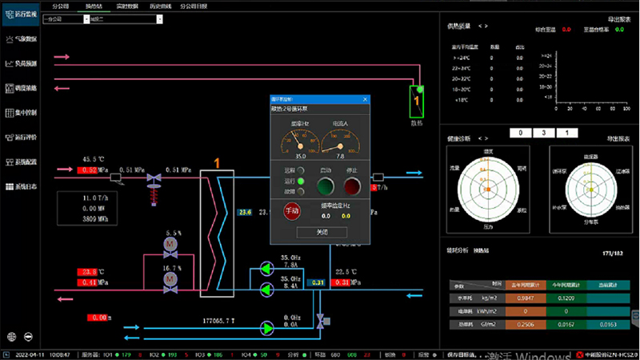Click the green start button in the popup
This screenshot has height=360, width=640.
tap(325, 186)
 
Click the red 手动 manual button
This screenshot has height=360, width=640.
tap(292, 211)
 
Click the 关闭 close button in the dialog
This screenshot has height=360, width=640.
tap(320, 231)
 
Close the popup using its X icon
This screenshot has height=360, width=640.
tap(366, 98)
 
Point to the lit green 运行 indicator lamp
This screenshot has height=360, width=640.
tap(301, 181)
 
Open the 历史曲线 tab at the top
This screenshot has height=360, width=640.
tap(160, 5)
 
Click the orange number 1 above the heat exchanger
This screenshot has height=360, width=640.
tap(216, 162)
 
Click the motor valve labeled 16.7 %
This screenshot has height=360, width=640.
tap(170, 278)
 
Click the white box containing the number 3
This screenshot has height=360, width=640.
tap(543, 133)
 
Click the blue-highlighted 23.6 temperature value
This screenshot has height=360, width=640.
tap(245, 212)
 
